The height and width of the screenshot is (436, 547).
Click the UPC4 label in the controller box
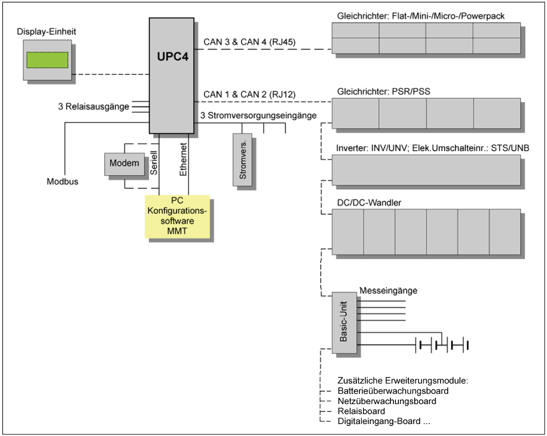click(x=173, y=57)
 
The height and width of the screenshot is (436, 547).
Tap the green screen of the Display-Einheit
click(x=47, y=60)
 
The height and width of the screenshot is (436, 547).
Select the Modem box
click(x=124, y=164)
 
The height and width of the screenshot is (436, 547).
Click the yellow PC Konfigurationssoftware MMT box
click(x=177, y=216)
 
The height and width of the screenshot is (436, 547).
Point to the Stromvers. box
click(x=243, y=160)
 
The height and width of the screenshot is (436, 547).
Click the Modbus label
click(x=63, y=181)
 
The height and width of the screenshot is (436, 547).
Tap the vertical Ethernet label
click(x=183, y=160)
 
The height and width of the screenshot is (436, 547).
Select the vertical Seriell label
click(x=154, y=163)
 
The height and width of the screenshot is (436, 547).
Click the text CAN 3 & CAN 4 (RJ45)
click(x=250, y=42)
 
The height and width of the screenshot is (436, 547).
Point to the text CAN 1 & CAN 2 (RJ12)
click(x=250, y=94)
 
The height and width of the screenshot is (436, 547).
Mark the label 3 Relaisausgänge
click(x=93, y=107)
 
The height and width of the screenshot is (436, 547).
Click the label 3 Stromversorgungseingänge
click(x=259, y=115)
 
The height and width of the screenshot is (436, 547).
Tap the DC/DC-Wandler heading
click(x=369, y=203)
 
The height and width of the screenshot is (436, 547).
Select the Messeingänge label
click(x=388, y=290)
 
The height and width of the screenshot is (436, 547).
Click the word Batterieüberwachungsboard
click(x=393, y=391)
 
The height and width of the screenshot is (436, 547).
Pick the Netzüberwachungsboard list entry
click(x=387, y=401)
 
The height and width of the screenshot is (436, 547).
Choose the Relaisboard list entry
click(x=362, y=411)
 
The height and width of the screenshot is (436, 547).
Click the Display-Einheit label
click(x=46, y=32)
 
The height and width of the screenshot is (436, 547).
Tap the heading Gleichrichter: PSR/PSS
click(x=383, y=91)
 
